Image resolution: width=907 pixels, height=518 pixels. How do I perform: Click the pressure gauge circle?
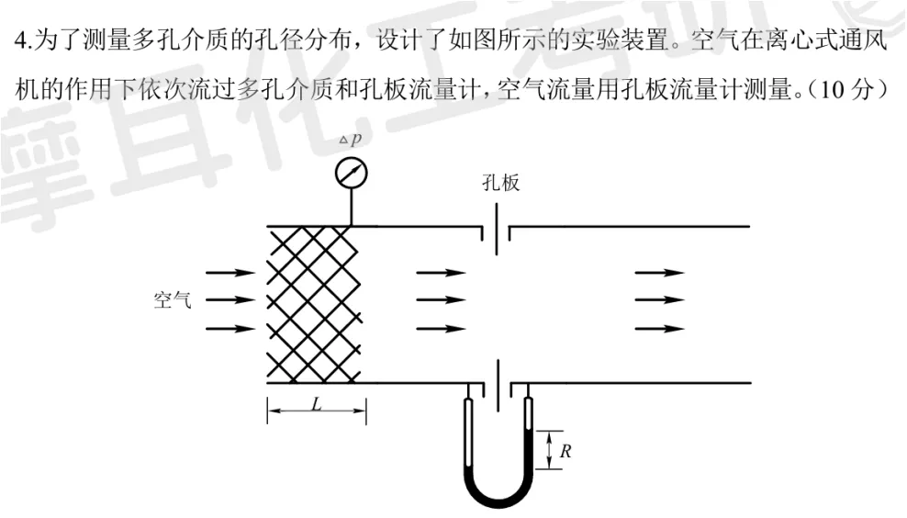352,172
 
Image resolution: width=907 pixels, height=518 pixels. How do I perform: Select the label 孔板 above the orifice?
500,183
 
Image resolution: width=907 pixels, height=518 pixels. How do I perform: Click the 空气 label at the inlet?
173,300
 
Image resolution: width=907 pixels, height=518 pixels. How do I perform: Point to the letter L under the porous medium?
317,404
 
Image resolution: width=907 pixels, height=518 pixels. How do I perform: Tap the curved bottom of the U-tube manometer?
498,496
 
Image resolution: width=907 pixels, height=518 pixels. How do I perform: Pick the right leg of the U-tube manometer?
530,432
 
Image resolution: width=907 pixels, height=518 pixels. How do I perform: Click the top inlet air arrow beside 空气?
230,273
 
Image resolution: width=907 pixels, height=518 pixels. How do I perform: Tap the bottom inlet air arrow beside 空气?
230,328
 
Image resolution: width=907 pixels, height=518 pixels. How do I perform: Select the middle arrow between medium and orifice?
442,300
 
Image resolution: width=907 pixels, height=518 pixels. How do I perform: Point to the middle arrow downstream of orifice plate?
659,300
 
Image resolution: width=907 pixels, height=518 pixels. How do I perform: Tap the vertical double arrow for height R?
549,450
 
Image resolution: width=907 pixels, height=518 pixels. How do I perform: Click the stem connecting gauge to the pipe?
352,207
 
